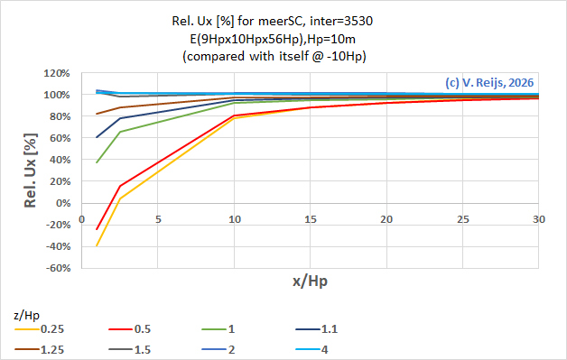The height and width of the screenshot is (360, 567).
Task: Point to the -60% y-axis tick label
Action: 57,268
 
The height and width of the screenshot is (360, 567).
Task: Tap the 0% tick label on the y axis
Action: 63,203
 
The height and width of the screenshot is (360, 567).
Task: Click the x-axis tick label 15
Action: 310,218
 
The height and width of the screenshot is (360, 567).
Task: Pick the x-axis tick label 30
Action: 538,218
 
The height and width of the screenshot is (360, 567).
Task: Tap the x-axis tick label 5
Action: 158,218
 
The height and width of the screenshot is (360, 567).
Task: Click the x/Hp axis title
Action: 310,282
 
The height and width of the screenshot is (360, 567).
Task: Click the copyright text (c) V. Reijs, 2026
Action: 488,82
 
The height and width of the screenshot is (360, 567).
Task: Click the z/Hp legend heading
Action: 28,315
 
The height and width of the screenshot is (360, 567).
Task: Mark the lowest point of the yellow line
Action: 97,245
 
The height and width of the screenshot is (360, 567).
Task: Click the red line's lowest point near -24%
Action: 97,229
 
